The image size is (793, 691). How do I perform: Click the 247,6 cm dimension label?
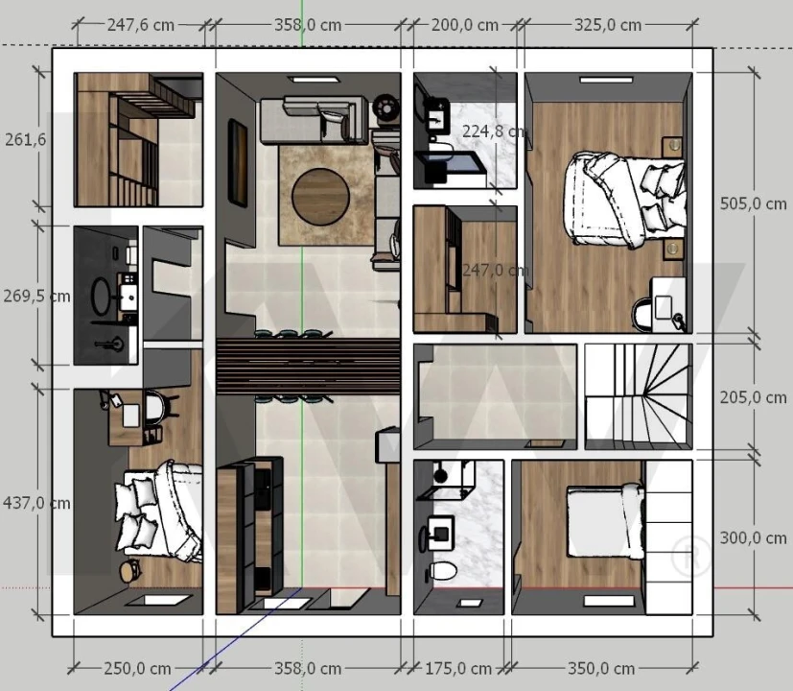pyautogui.click(x=141, y=25)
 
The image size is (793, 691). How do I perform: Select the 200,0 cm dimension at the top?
pyautogui.click(x=465, y=25)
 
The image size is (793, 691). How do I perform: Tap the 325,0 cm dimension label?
pyautogui.click(x=608, y=25)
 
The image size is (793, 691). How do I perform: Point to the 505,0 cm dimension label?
pyautogui.click(x=754, y=203)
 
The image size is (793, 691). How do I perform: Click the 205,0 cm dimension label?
pyautogui.click(x=754, y=397)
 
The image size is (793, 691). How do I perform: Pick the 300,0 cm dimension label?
pyautogui.click(x=754, y=537)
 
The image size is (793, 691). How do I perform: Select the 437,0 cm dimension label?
pyautogui.click(x=36, y=503)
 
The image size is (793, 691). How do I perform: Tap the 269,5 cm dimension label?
pyautogui.click(x=36, y=296)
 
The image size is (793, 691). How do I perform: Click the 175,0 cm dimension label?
pyautogui.click(x=458, y=669)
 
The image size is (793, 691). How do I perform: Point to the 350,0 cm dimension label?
pyautogui.click(x=601, y=669)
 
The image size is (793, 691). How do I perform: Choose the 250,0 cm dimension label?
pyautogui.click(x=137, y=669)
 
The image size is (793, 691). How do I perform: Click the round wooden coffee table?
pyautogui.click(x=320, y=197)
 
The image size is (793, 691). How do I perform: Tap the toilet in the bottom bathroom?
pyautogui.click(x=442, y=571)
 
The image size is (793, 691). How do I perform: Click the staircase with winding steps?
pyautogui.click(x=639, y=396)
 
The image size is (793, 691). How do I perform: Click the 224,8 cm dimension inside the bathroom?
pyautogui.click(x=495, y=131)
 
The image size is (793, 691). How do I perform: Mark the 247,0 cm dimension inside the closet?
pyautogui.click(x=496, y=270)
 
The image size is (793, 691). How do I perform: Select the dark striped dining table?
pyautogui.click(x=308, y=367)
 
